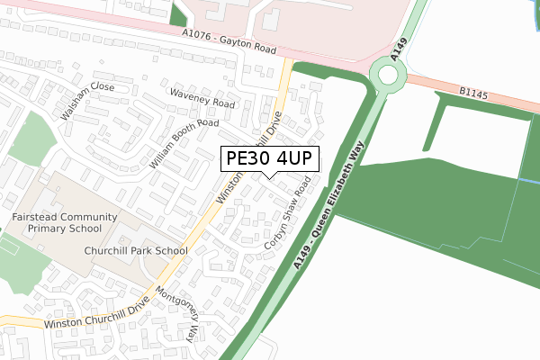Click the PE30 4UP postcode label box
click(x=268, y=158)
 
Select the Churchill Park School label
click(x=136, y=251)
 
